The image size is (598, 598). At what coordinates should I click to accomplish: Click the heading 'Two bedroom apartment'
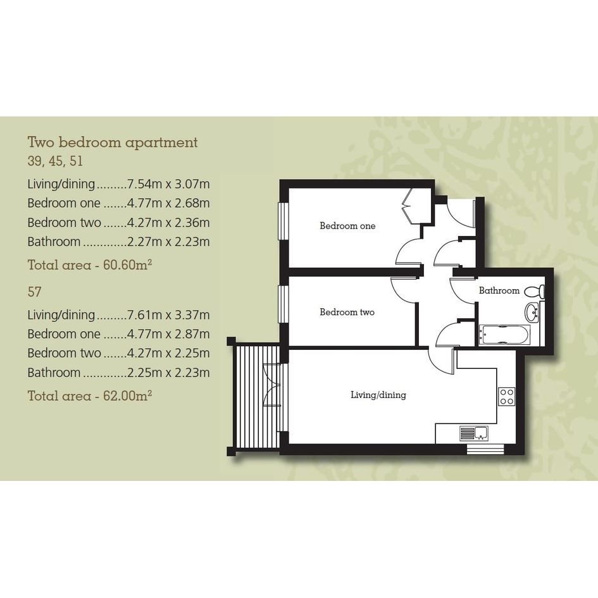[113, 142]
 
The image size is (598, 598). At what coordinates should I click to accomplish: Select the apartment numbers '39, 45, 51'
[55, 161]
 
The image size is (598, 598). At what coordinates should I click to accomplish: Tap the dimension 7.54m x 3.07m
[168, 184]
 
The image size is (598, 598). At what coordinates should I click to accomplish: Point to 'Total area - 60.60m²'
[90, 265]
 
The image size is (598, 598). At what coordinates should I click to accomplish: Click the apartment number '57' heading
[34, 292]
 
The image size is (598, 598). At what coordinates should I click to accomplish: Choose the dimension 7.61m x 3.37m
[168, 315]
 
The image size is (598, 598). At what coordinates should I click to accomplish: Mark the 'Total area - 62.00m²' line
[90, 396]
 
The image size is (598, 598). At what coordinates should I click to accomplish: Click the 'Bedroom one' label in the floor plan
[347, 226]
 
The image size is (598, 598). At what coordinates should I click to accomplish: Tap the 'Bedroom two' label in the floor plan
[347, 312]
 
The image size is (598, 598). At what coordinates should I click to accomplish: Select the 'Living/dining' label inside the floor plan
[378, 395]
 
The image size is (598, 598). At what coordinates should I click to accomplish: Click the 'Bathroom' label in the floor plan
[499, 290]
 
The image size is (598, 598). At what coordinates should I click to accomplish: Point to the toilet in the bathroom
[535, 292]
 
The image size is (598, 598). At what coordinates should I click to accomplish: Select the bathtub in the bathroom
[504, 335]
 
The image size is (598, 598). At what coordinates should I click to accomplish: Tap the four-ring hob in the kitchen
[507, 396]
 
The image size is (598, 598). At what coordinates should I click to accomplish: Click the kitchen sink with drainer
[474, 433]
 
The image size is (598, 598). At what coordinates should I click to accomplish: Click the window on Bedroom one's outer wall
[283, 221]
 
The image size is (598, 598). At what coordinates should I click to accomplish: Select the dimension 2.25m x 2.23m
[168, 373]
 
